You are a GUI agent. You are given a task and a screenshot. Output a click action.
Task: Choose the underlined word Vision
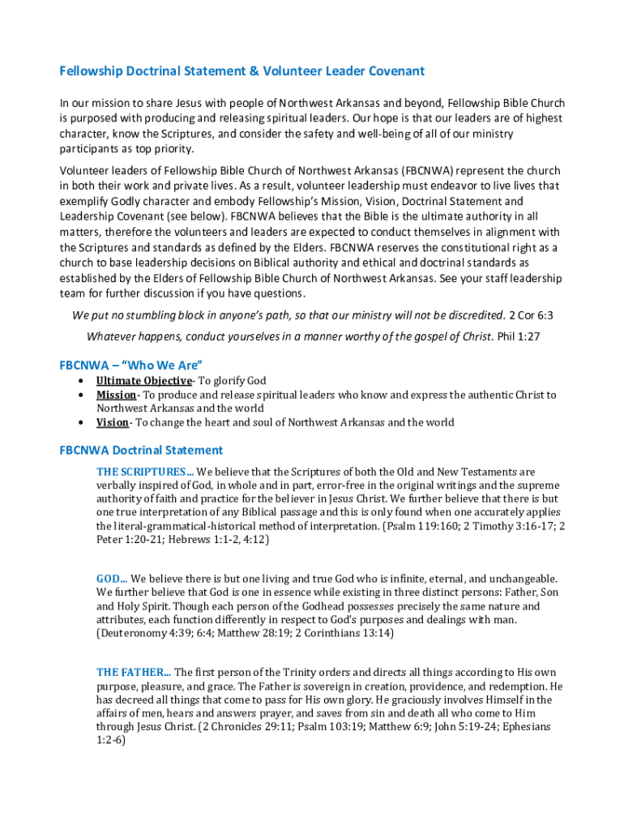point(112,422)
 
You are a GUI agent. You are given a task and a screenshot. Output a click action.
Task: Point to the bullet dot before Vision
point(81,422)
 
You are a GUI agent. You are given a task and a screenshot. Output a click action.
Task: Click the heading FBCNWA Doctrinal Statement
point(140,450)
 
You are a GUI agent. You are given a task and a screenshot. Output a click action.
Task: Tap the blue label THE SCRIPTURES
point(144,472)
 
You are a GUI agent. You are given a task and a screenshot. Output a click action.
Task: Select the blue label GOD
point(111,579)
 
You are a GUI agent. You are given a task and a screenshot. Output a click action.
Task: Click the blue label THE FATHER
point(133,672)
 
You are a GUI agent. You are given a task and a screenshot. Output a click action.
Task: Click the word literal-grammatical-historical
point(185,526)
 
